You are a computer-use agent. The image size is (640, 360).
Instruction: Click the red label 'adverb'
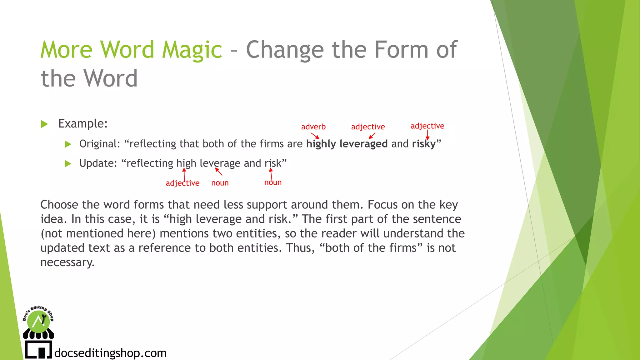click(x=313, y=127)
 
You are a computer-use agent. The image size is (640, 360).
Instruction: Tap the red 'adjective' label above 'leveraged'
click(x=368, y=127)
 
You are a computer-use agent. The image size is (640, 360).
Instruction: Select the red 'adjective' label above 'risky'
click(x=427, y=126)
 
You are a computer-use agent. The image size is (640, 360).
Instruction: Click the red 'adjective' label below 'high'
click(x=182, y=183)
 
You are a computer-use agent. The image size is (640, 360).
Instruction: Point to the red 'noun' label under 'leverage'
click(x=220, y=183)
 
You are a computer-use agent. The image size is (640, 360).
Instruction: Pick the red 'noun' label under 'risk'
click(x=273, y=182)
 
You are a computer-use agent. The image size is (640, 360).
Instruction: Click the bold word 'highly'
click(x=321, y=144)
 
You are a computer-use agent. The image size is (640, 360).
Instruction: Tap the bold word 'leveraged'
click(x=363, y=144)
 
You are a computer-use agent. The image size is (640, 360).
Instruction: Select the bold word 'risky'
click(x=424, y=144)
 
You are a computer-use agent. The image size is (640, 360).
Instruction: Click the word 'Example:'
click(x=83, y=124)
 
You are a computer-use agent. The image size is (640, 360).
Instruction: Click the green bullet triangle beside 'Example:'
click(x=44, y=124)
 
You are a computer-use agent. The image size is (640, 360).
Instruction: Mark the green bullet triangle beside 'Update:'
click(x=68, y=164)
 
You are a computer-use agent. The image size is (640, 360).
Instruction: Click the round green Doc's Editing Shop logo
click(x=38, y=321)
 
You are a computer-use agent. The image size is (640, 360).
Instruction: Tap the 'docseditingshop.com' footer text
click(x=110, y=353)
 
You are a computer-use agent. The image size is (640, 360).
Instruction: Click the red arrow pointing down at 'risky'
click(x=427, y=135)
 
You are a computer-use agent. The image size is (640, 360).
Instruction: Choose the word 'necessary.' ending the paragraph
click(x=67, y=262)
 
